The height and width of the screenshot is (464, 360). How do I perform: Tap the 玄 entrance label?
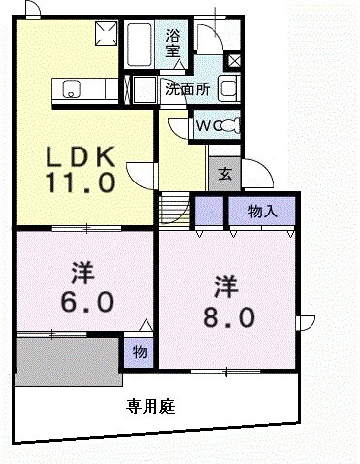(x=224, y=175)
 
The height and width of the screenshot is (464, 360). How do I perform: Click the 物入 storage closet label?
(x=262, y=210)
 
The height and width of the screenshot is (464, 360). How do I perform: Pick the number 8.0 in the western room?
(x=229, y=315)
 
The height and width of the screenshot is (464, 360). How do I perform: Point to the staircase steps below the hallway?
(x=174, y=206)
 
